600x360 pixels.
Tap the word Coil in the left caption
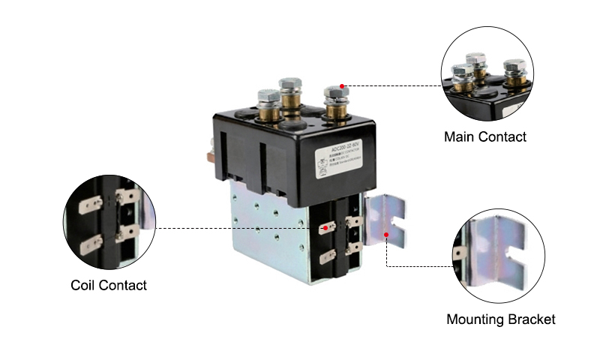(84, 286)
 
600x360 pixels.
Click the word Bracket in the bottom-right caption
(533, 319)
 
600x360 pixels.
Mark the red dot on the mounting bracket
(386, 234)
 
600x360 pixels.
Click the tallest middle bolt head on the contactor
(290, 84)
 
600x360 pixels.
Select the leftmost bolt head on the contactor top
(267, 97)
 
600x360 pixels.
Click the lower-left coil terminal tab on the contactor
(326, 256)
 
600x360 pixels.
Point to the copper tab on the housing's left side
(208, 157)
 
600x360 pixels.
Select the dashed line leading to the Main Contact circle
(390, 86)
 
